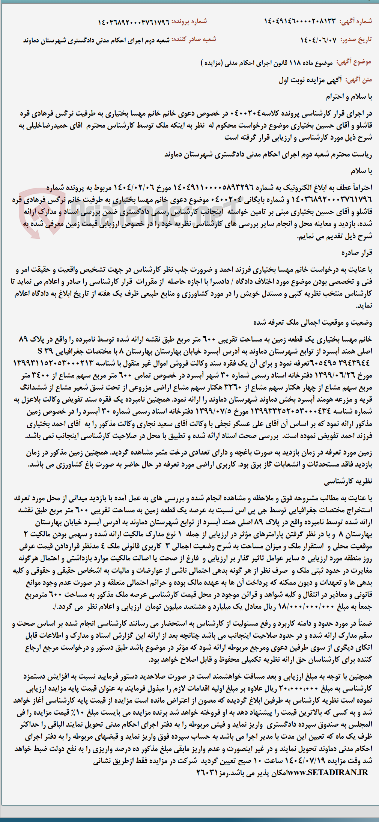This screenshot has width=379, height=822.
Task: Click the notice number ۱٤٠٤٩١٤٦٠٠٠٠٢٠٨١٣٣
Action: (x=300, y=21)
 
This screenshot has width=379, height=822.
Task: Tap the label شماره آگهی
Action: (x=356, y=21)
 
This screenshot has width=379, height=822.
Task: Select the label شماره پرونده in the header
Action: (x=189, y=21)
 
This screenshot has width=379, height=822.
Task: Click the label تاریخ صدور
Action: (x=356, y=40)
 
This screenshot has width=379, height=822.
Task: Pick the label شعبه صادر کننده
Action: (x=194, y=39)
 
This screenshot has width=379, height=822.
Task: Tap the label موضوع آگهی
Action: (x=353, y=62)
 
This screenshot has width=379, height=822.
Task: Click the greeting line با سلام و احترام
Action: (x=349, y=96)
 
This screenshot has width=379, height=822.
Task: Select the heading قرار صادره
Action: (x=357, y=253)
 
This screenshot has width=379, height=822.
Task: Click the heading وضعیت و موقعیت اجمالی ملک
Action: (x=313, y=322)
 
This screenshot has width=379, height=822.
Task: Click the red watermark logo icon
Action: (x=34, y=214)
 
